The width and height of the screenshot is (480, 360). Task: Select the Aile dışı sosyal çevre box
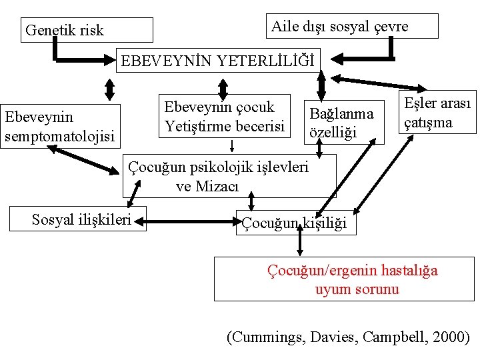tap(352, 26)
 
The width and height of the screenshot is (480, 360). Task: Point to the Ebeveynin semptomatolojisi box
tap(61, 127)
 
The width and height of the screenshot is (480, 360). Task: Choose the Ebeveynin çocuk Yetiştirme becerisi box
tap(225, 117)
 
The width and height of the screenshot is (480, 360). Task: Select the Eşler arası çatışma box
tap(437, 113)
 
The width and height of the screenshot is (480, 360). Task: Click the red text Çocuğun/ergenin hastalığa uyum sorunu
tap(353, 279)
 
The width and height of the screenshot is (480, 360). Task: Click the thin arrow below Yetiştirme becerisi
tap(231, 145)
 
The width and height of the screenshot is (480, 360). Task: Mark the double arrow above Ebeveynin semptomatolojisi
tap(111, 90)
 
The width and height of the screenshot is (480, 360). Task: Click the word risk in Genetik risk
tap(89, 31)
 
